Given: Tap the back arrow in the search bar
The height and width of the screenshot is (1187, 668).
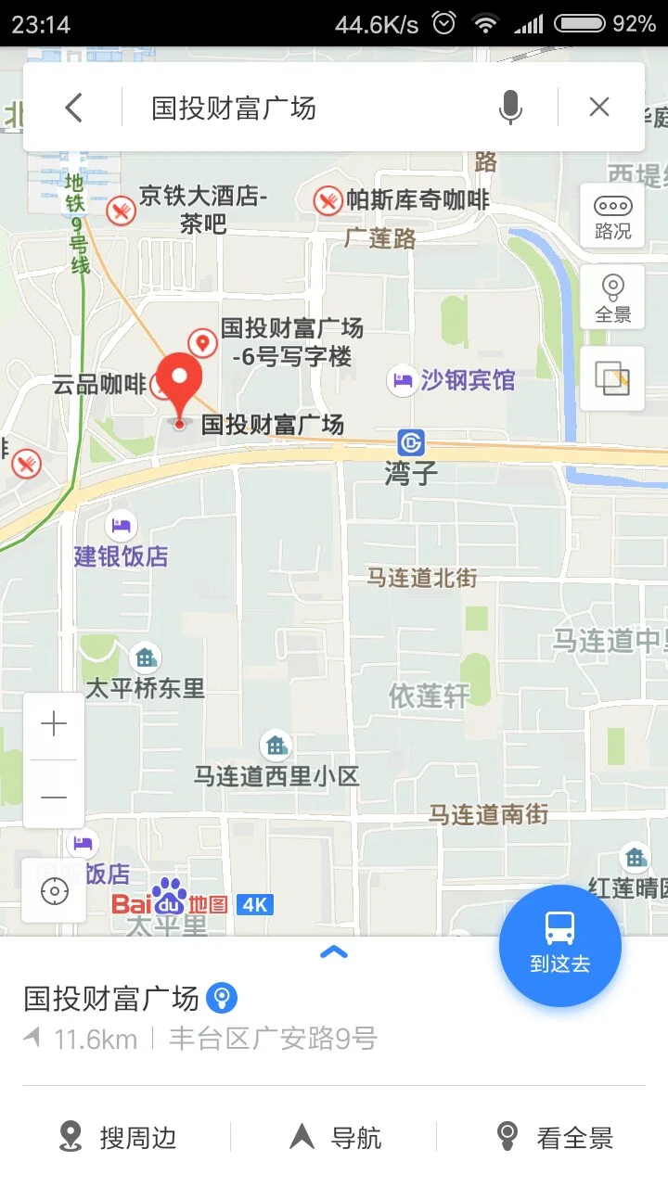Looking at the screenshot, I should click(74, 108).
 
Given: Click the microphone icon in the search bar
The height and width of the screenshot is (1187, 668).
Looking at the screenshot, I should click(509, 108).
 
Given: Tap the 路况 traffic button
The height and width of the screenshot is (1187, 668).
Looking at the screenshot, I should click(612, 217).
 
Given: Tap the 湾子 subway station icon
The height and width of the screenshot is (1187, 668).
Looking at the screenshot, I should click(410, 442).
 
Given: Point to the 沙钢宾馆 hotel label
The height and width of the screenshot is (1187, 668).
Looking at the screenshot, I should click(467, 380).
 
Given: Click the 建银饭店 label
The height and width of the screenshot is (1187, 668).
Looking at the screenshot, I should click(122, 556).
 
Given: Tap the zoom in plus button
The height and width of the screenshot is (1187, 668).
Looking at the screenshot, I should click(54, 724).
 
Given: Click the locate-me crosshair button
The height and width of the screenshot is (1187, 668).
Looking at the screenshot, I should click(55, 891).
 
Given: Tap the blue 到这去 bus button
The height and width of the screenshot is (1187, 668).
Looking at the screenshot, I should click(559, 945).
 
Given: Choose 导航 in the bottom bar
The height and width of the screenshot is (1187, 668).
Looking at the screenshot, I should click(337, 1137).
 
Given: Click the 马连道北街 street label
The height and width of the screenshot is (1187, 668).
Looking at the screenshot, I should click(422, 578).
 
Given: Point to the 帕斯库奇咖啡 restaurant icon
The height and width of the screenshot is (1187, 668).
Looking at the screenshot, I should click(328, 199).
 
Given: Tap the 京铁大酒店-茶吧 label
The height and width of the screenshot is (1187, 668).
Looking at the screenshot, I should click(203, 210).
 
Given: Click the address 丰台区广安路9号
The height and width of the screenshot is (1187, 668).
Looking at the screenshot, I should click(273, 1039).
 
